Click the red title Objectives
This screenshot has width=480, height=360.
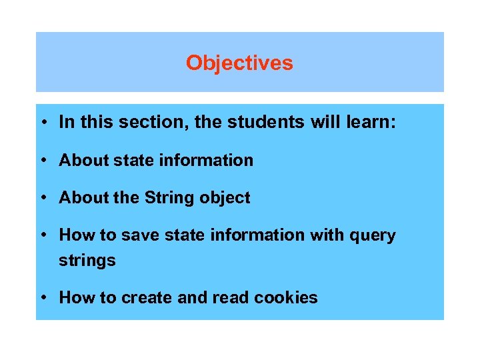pyautogui.click(x=239, y=63)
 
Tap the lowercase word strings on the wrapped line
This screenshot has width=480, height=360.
pyautogui.click(x=87, y=261)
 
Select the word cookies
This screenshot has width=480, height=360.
pyautogui.click(x=287, y=298)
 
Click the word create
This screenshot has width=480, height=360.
pyautogui.click(x=147, y=298)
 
